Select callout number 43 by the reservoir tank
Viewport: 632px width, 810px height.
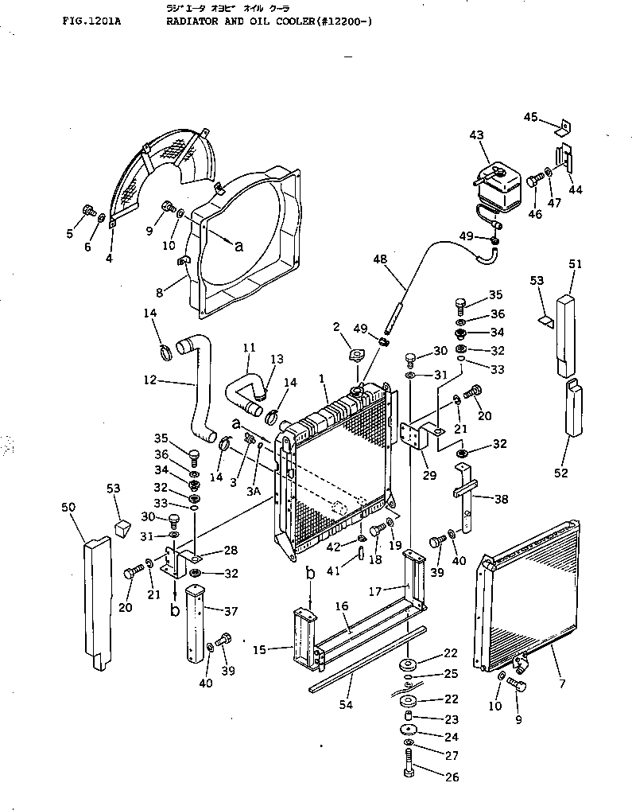click(x=476, y=136)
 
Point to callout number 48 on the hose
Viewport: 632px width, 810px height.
click(x=379, y=259)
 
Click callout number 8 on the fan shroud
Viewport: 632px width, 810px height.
click(x=160, y=292)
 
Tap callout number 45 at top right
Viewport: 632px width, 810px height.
click(x=531, y=117)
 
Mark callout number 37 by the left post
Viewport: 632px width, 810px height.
click(x=231, y=611)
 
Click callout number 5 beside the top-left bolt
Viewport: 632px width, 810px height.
click(x=69, y=233)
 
